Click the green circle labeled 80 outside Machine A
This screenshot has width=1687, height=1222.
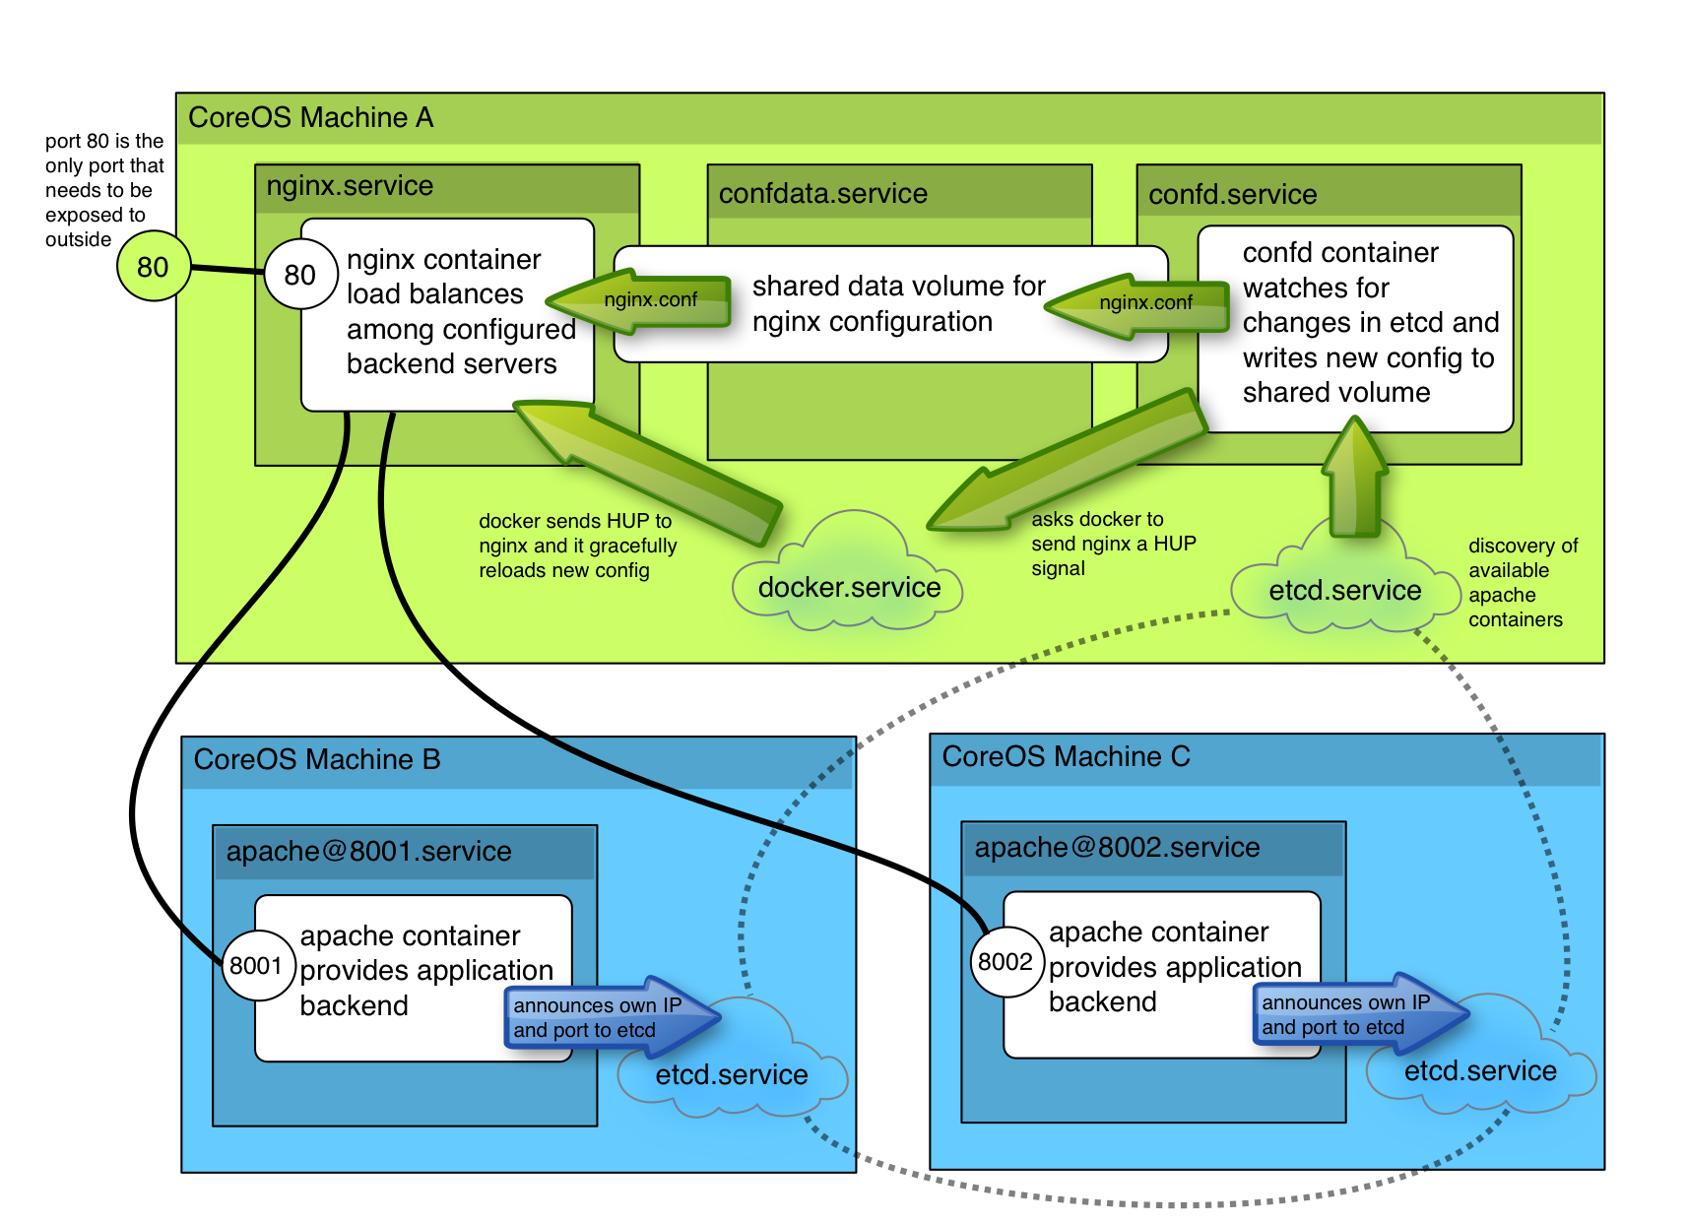pos(153,267)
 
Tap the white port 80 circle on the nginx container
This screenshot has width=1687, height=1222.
pos(299,275)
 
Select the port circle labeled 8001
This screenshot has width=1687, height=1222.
pos(256,966)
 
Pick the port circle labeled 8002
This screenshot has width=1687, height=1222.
pos(1006,962)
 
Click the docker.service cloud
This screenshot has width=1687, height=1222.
pos(848,588)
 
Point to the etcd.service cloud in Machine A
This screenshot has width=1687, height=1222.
pos(1344,591)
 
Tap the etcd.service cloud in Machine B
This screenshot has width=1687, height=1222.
pos(731,1074)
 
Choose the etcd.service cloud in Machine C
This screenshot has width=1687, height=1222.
pos(1479,1071)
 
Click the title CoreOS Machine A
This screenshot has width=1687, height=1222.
pos(310,118)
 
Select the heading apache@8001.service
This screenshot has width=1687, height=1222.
pos(368,852)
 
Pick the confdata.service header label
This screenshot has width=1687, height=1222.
pos(822,194)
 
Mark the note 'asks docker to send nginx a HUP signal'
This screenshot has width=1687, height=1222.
pos(1113,544)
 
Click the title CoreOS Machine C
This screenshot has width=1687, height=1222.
pos(1066,757)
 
